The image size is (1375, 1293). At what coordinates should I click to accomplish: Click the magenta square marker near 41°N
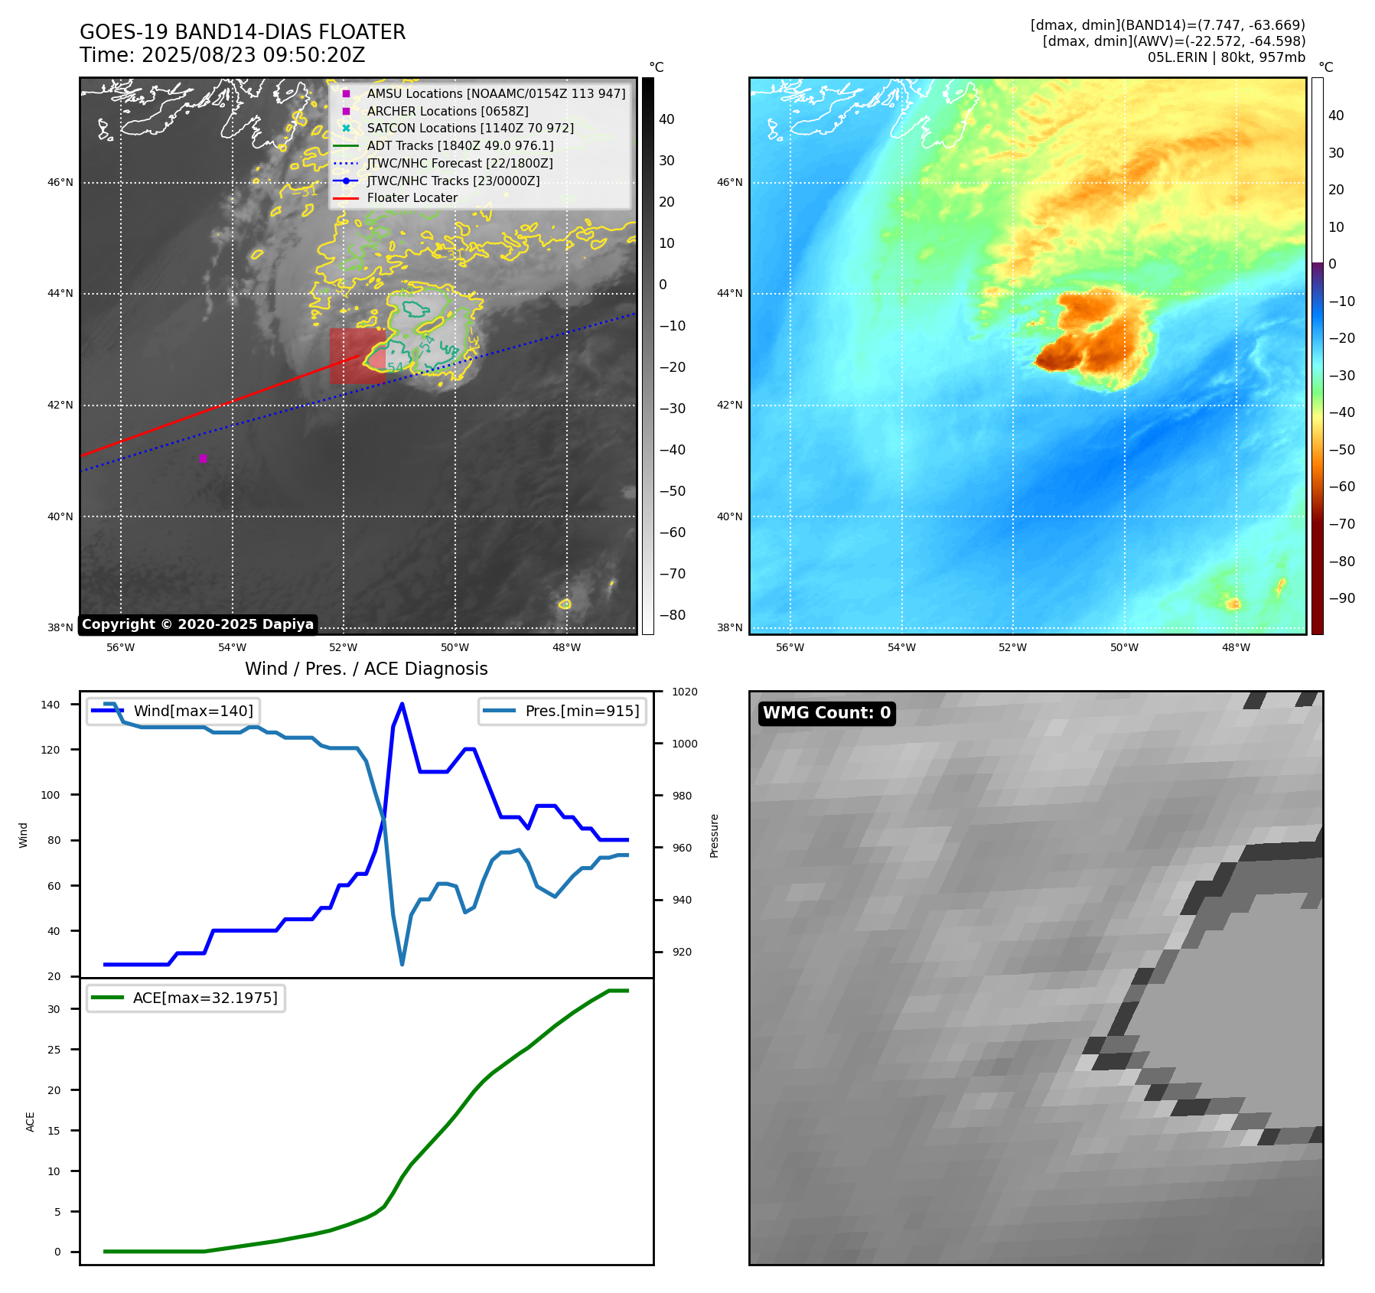(203, 458)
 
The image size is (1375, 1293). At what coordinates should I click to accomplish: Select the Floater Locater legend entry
(412, 198)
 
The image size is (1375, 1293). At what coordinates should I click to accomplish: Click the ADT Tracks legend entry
(460, 145)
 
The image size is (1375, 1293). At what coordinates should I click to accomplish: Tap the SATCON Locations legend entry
(470, 129)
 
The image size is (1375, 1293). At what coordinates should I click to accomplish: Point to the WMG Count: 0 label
(826, 713)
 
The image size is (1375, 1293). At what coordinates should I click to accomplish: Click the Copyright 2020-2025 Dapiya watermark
(197, 624)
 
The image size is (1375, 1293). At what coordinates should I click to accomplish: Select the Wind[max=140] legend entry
(193, 711)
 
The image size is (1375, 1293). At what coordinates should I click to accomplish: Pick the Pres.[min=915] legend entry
(582, 711)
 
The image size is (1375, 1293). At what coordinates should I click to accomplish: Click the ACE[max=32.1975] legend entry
(205, 998)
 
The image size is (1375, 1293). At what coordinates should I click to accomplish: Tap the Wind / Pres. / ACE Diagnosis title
(366, 669)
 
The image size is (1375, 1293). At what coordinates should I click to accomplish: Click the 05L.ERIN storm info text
(1226, 57)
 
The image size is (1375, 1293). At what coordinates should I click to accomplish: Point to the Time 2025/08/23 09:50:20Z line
(223, 55)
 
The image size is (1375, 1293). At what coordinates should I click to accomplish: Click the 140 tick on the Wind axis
(51, 705)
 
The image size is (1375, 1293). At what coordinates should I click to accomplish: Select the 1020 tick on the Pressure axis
(684, 692)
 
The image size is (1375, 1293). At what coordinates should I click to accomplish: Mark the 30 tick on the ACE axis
(54, 1009)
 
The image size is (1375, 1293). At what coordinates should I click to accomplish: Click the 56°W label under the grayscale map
(120, 647)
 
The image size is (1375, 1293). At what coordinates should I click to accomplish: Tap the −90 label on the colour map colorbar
(1341, 598)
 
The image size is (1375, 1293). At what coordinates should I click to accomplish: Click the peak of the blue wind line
(402, 704)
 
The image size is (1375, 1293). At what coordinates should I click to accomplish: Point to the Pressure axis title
(714, 835)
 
